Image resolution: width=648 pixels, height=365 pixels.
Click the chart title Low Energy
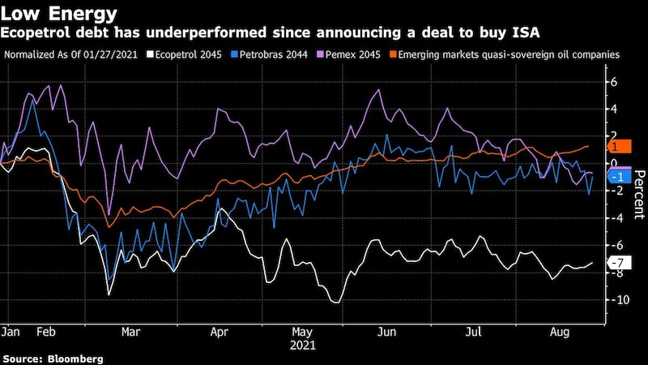pyautogui.click(x=58, y=13)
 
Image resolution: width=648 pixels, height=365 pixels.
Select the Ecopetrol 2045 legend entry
pyautogui.click(x=181, y=54)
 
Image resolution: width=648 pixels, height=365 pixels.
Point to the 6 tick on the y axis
pyautogui.click(x=614, y=82)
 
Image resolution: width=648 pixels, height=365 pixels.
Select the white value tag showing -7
pyautogui.click(x=617, y=263)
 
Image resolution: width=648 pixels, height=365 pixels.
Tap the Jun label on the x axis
pyautogui.click(x=387, y=331)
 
